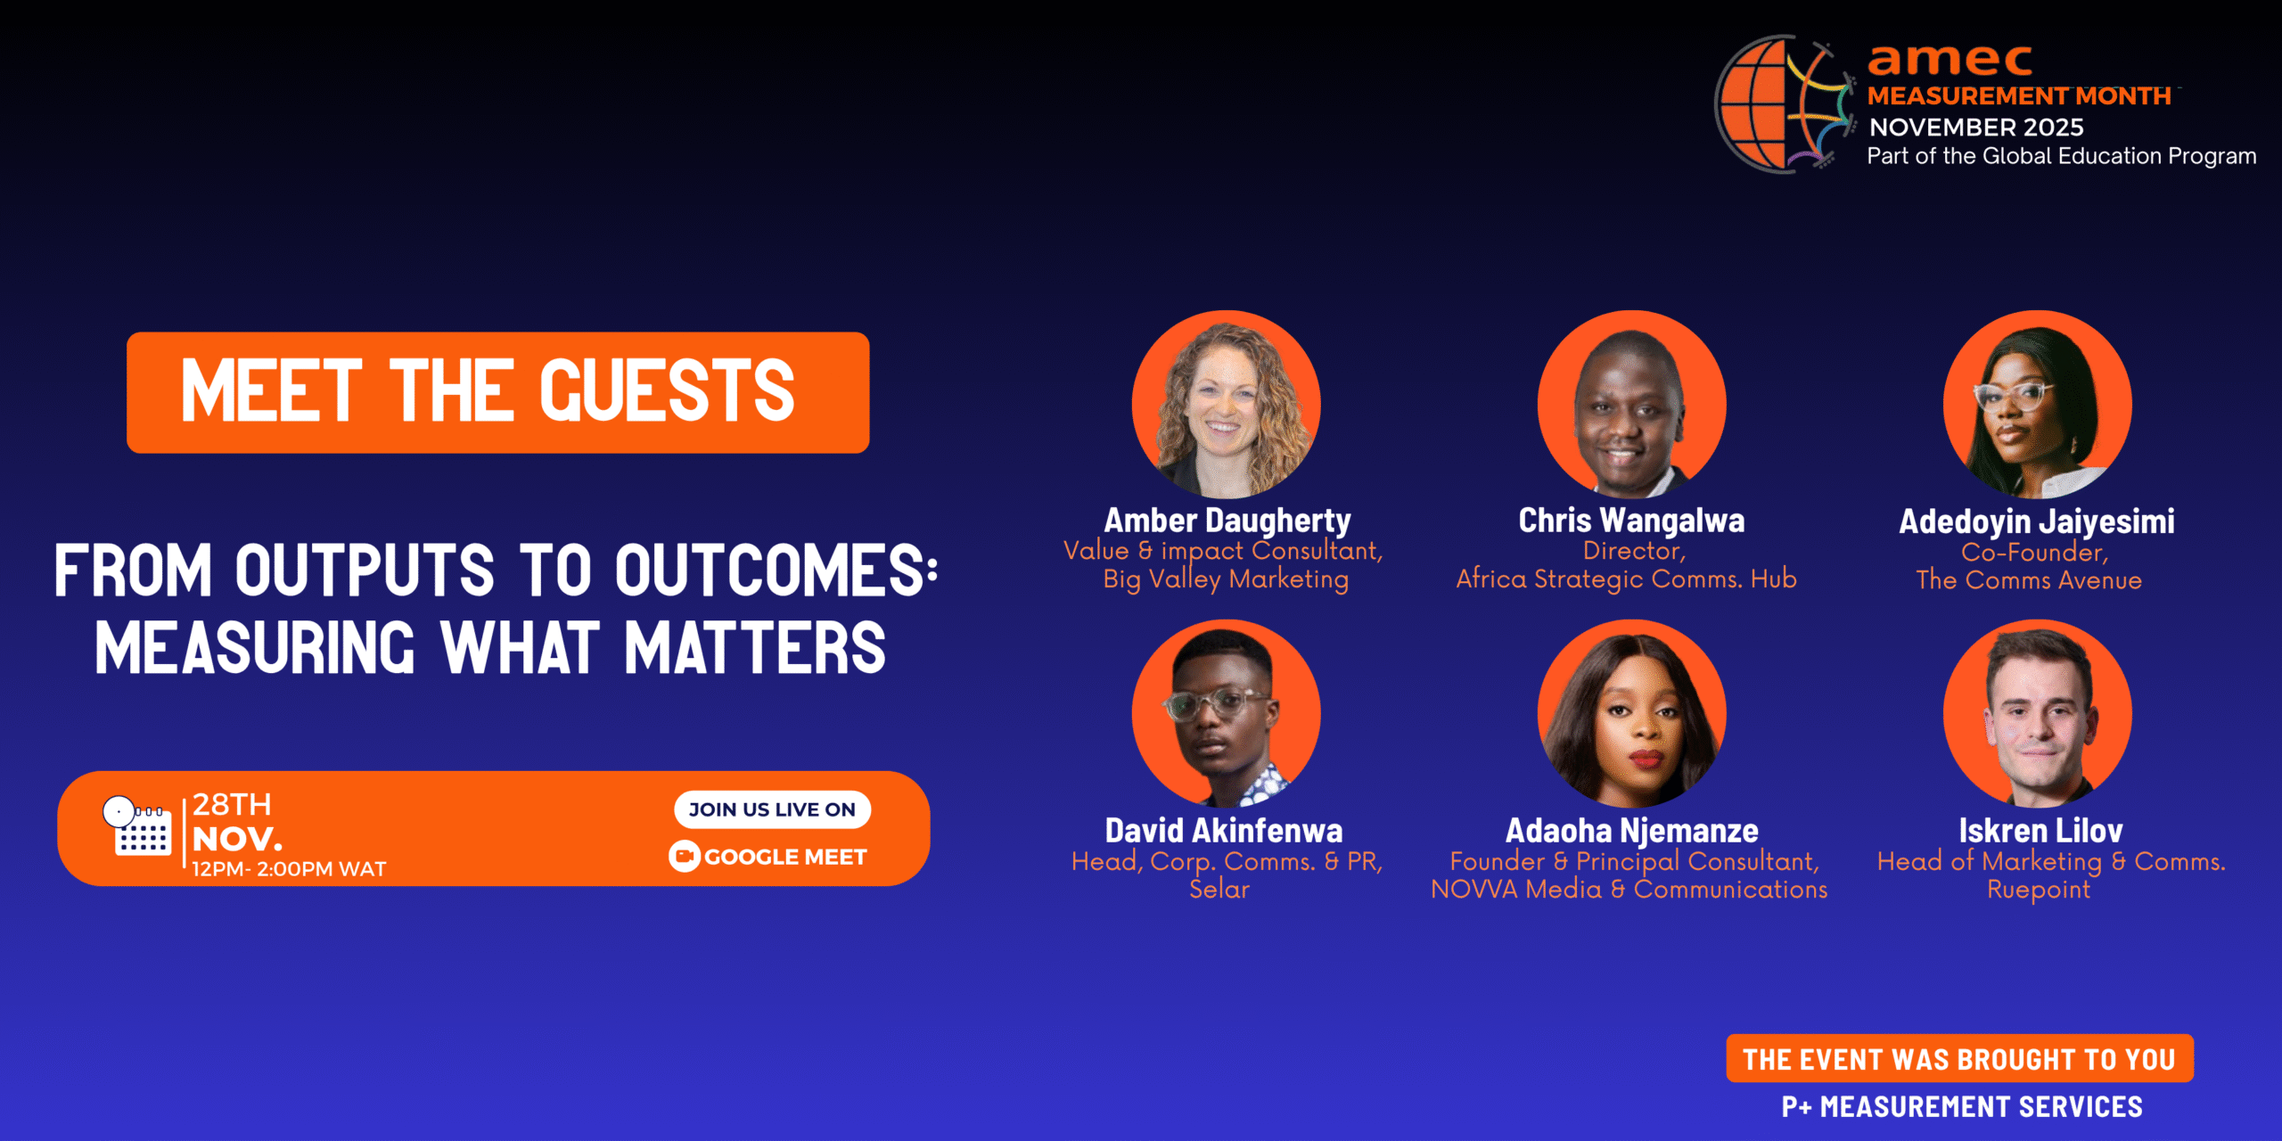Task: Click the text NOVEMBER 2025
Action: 1975,127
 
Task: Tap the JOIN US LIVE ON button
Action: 772,809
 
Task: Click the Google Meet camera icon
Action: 684,857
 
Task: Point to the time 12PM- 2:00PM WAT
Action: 289,869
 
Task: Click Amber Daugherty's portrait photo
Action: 1226,405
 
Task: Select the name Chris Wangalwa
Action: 1631,521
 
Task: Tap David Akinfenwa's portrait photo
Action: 1226,714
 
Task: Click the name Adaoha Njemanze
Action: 1631,831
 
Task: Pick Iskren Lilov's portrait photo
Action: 2038,714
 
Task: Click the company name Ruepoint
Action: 2038,890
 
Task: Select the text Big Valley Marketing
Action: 1226,579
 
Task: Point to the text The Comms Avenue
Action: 2029,580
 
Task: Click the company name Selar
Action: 1219,890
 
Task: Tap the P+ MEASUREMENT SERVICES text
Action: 1961,1107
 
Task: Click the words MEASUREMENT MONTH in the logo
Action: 2019,96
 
